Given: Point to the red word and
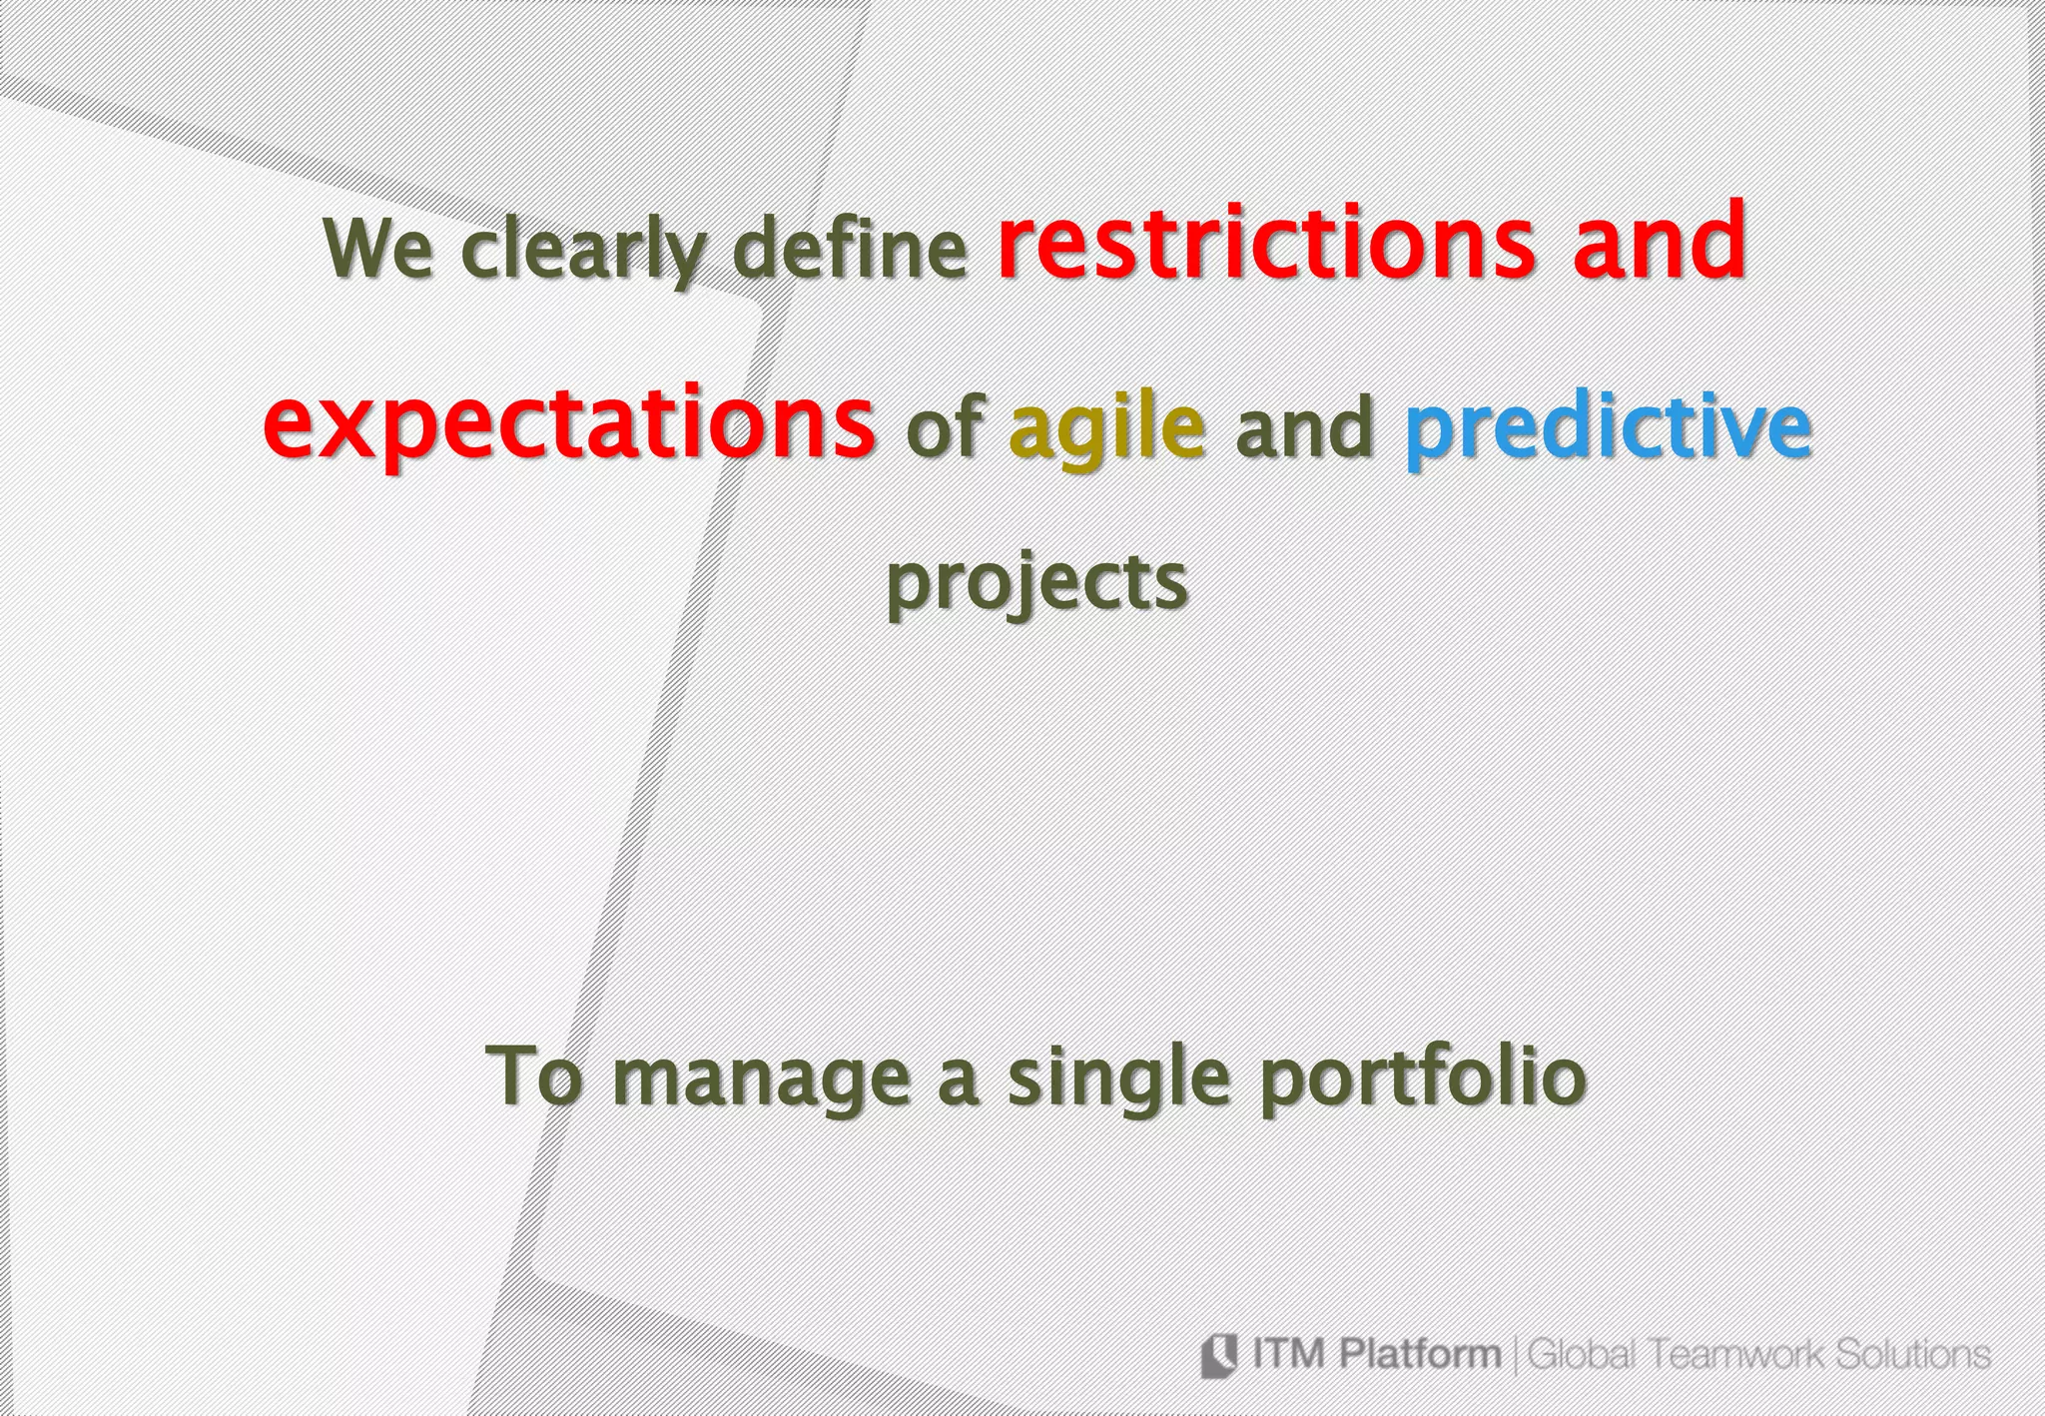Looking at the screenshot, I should pyautogui.click(x=1659, y=242).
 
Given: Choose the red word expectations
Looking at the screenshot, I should pyautogui.click(x=569, y=423).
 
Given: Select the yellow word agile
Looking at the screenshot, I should pyautogui.click(x=1106, y=427).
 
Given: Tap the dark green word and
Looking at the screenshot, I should pyautogui.click(x=1304, y=427).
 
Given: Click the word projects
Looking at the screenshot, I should pyautogui.click(x=1037, y=583).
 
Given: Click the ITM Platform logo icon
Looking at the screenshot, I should pyautogui.click(x=1219, y=1355).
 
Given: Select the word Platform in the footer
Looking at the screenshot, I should pyautogui.click(x=1419, y=1354).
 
